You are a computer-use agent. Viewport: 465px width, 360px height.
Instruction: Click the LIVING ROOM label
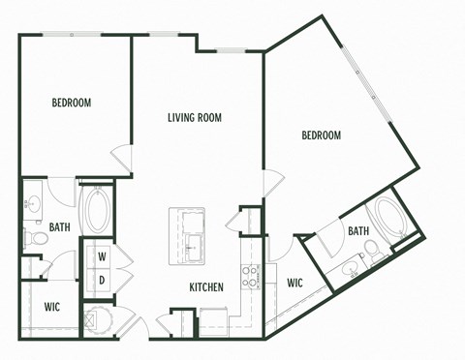[x=195, y=118]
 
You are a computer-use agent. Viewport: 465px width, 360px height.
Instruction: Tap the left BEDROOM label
[x=72, y=103]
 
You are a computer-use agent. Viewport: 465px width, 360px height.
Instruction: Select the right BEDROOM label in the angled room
[x=321, y=135]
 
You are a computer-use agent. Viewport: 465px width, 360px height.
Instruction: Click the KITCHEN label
[x=206, y=287]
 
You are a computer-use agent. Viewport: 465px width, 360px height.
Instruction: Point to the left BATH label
[x=60, y=229]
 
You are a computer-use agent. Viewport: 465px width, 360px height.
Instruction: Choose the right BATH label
[x=358, y=231]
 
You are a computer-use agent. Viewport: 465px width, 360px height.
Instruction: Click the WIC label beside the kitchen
[x=296, y=284]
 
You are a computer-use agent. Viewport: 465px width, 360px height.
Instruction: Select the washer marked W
[x=101, y=256]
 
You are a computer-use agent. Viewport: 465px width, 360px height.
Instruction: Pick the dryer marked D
[x=101, y=280]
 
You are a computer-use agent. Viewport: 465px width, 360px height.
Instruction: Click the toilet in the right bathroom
[x=373, y=254]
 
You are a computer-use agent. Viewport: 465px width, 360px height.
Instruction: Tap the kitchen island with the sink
[x=189, y=234]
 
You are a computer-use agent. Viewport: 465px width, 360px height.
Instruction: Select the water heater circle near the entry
[x=96, y=318]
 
